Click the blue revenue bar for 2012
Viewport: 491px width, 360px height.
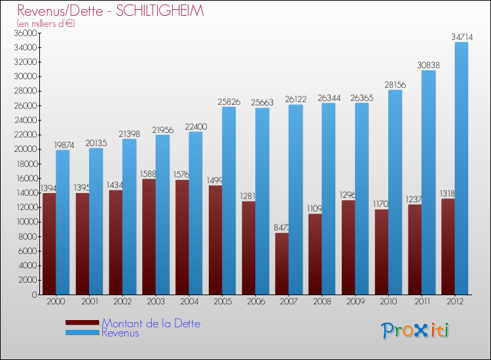(462, 168)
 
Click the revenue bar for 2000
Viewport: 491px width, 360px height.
(62, 222)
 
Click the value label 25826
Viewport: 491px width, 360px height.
(228, 102)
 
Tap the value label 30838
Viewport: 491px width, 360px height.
(428, 65)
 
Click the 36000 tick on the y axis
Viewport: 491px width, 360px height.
(25, 33)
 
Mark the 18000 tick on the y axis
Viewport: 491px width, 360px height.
(25, 164)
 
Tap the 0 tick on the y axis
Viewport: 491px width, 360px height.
(34, 295)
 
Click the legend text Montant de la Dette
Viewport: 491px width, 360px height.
(151, 323)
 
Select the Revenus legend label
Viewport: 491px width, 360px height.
(120, 333)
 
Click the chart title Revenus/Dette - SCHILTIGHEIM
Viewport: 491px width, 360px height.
(111, 11)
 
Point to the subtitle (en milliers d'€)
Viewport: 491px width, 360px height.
(46, 24)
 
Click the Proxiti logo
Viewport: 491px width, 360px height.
(416, 331)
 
